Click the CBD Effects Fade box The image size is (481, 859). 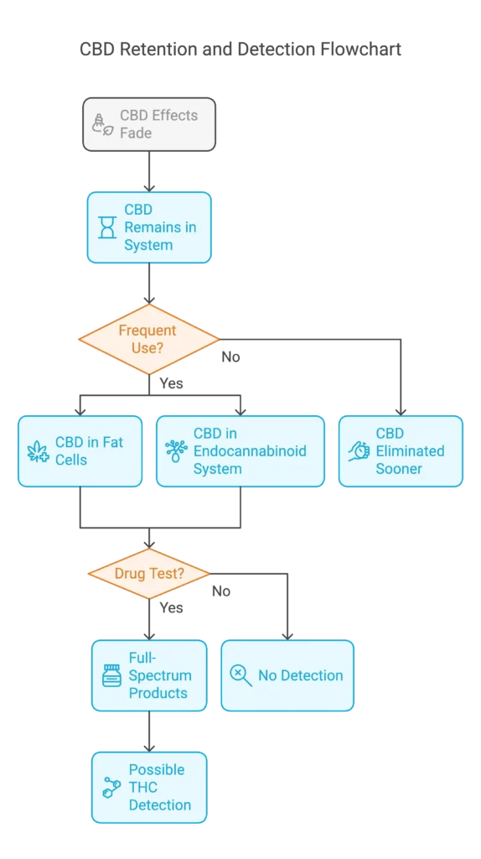click(x=149, y=124)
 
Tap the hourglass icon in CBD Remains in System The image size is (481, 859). click(x=107, y=227)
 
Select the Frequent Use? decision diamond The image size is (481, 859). click(x=148, y=339)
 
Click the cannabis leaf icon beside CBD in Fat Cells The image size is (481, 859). click(x=38, y=451)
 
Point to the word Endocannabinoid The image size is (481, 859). click(x=250, y=451)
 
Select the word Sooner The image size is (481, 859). click(x=399, y=469)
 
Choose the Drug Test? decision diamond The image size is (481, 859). click(x=149, y=574)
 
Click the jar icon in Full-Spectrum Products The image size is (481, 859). click(x=111, y=675)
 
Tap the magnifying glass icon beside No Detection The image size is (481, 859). click(x=240, y=675)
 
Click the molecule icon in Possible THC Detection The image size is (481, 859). click(x=111, y=787)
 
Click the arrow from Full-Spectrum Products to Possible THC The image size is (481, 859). click(x=149, y=731)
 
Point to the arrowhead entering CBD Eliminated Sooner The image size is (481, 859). click(x=400, y=409)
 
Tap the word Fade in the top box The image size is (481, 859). click(x=136, y=133)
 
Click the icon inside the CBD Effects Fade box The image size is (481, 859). click(x=102, y=124)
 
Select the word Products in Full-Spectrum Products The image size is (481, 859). click(x=158, y=693)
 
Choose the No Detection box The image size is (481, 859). click(x=287, y=675)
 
